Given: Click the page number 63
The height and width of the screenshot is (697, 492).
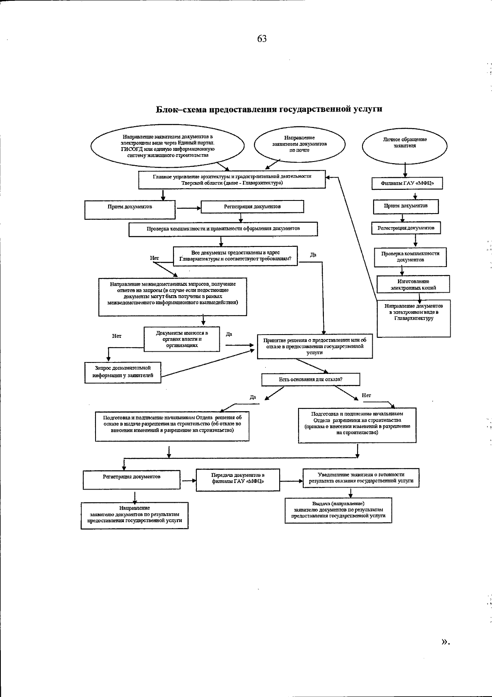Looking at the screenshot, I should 262,39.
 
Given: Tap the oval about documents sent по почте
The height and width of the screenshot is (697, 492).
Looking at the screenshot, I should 300,144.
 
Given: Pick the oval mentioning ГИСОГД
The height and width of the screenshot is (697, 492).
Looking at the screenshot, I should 167,146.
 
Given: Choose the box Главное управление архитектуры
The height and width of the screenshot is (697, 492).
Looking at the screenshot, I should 232,180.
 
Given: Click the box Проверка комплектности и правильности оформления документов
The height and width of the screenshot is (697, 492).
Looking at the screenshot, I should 223,229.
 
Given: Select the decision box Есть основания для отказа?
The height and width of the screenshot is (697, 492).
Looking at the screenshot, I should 311,380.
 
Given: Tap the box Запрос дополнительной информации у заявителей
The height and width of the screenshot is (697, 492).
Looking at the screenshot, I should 123,372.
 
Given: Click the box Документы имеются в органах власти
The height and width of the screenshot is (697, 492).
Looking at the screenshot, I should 182,339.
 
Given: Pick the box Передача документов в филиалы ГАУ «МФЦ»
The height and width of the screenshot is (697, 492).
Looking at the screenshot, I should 238,478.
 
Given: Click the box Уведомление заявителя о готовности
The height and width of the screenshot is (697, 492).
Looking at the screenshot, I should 361,478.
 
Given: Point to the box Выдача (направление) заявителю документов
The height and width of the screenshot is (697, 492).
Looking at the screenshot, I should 338,510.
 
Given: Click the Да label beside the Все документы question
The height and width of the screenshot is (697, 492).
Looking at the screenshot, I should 313,255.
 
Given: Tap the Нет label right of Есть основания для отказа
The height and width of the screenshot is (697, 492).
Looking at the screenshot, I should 366,396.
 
